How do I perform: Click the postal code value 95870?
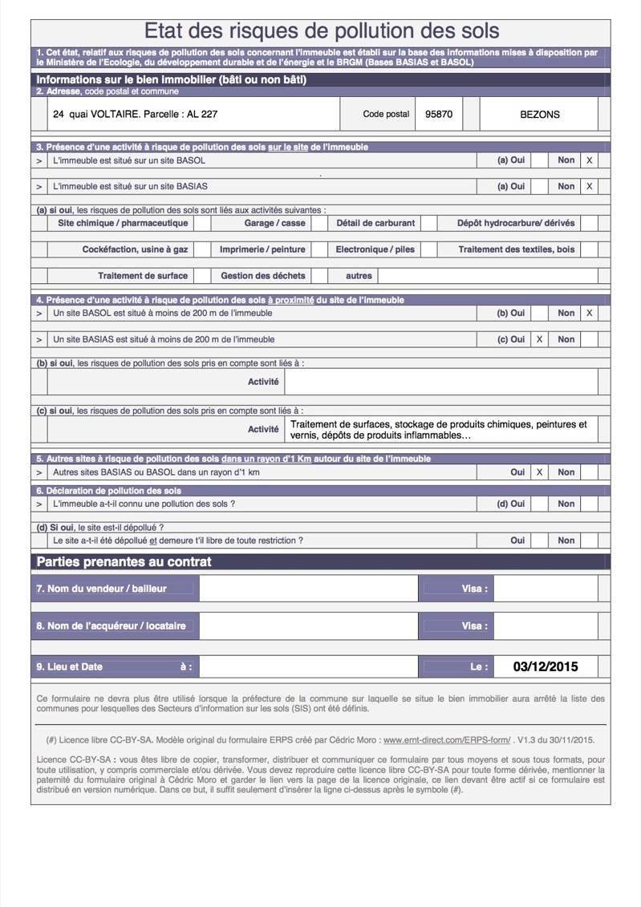click(438, 114)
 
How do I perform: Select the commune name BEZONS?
click(539, 114)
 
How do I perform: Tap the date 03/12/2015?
click(545, 666)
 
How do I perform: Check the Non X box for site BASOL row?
click(589, 160)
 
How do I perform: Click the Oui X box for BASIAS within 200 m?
click(539, 339)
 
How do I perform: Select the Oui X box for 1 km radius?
click(539, 472)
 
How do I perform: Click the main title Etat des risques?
click(321, 31)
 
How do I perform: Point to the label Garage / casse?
click(274, 223)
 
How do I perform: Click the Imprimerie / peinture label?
click(262, 249)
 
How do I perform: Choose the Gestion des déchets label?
click(262, 275)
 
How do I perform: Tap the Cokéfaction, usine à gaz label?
click(135, 249)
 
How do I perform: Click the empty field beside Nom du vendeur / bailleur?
click(308, 589)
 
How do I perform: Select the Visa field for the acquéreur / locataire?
click(545, 626)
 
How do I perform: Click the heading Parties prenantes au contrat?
click(124, 561)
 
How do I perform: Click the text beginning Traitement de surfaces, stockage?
click(438, 429)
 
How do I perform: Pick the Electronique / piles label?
click(375, 249)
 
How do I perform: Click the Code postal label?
click(386, 114)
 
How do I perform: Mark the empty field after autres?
click(488, 275)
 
